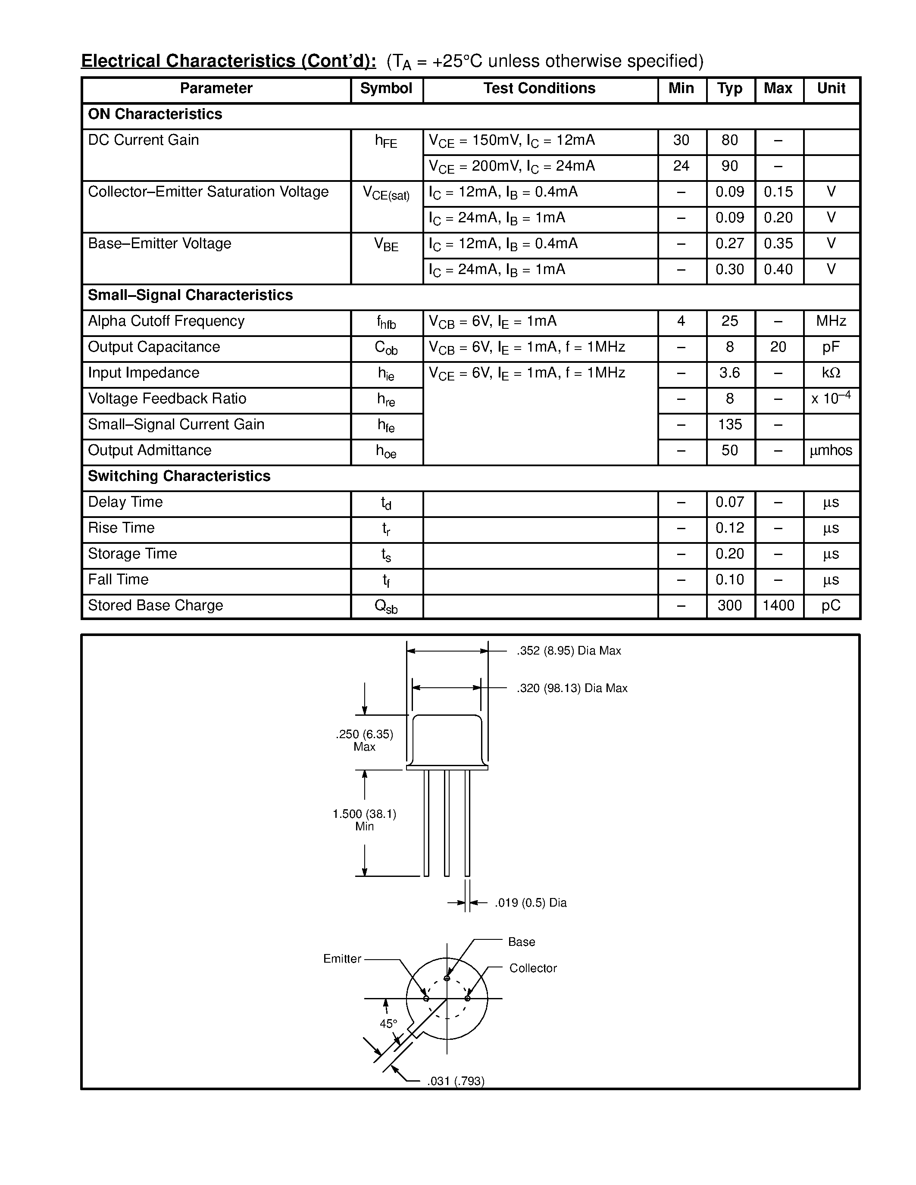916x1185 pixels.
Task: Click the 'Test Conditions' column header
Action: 539,88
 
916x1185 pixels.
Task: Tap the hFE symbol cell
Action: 386,142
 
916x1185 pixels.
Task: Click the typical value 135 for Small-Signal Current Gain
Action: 730,425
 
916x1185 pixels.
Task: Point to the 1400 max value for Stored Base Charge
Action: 778,605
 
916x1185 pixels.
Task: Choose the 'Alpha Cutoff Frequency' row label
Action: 166,321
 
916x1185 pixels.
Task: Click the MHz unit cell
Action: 831,321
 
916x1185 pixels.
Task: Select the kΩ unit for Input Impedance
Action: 831,373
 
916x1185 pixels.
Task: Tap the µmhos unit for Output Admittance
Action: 831,451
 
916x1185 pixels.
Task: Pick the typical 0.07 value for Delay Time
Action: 730,502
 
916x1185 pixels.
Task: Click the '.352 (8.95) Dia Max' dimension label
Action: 569,651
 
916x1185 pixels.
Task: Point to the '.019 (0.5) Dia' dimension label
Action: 531,903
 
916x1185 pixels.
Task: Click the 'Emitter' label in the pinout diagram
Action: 342,959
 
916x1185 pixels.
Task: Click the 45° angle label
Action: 388,1024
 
